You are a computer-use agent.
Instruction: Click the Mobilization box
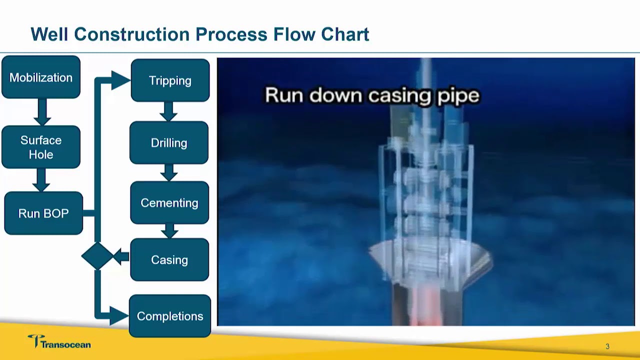[41, 77]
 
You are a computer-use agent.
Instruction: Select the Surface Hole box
[41, 147]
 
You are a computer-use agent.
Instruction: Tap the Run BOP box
[43, 213]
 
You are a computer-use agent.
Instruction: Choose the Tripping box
[170, 80]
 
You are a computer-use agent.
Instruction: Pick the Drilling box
[169, 143]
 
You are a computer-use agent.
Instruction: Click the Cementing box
[169, 203]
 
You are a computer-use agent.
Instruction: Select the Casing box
[169, 260]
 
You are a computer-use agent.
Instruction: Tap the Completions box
[170, 316]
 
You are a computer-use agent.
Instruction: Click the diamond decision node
[97, 256]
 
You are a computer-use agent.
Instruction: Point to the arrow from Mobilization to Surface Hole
[42, 112]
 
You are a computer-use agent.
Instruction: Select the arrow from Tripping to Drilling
[168, 111]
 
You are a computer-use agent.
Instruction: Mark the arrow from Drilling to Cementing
[169, 172]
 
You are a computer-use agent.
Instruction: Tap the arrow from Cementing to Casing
[169, 231]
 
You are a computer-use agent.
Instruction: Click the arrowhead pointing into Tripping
[120, 80]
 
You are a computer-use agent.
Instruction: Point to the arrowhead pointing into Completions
[119, 316]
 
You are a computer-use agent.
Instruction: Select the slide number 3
[607, 346]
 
